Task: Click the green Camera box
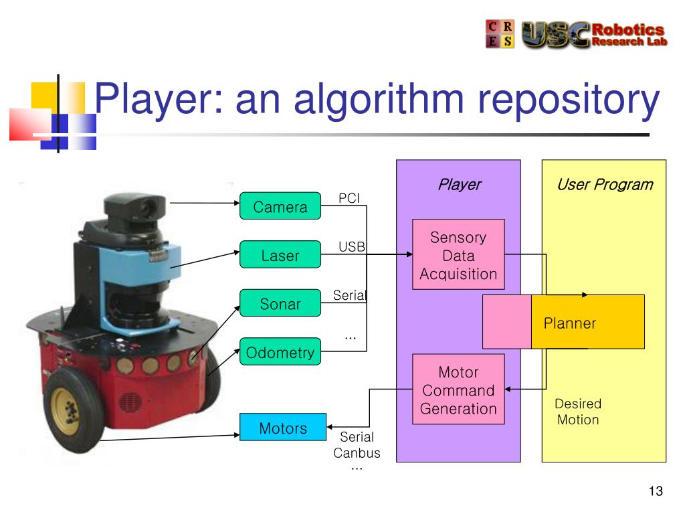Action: [x=280, y=206]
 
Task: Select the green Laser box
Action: [x=280, y=254]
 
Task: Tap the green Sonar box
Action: [x=280, y=303]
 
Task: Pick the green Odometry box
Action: [x=280, y=351]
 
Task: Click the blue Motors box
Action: [x=283, y=427]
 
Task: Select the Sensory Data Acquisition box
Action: [x=458, y=254]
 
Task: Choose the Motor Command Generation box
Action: [x=458, y=389]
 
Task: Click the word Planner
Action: [x=570, y=323]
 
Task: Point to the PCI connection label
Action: [x=349, y=198]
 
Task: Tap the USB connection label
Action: [x=352, y=246]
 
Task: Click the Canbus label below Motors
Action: [x=357, y=453]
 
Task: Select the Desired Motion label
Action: [x=578, y=412]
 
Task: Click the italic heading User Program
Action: [x=605, y=185]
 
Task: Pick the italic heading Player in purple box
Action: [x=460, y=185]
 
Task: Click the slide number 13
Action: [x=656, y=491]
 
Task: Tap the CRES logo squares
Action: [x=500, y=33]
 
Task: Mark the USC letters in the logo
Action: [x=556, y=35]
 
